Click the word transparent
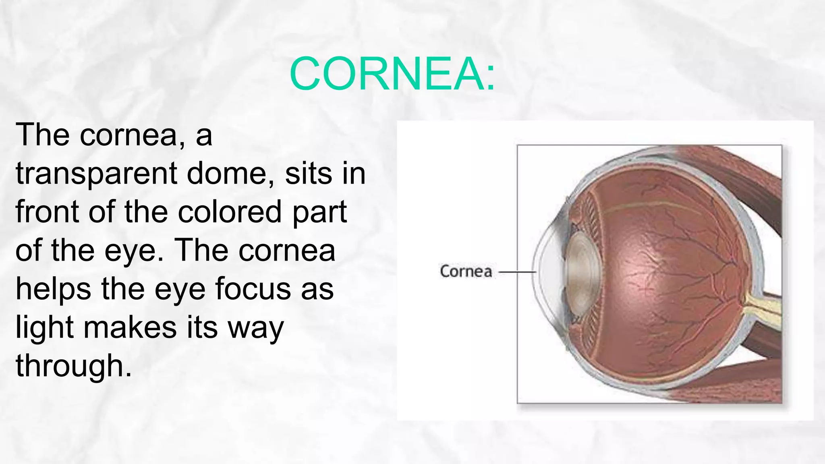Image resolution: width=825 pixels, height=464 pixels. (x=96, y=174)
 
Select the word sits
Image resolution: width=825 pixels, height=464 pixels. (x=309, y=173)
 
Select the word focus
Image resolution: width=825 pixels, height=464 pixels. (x=253, y=289)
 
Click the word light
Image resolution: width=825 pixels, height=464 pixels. (x=44, y=328)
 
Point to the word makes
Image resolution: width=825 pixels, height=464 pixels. (x=130, y=327)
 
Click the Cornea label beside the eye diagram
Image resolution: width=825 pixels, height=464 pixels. (x=466, y=271)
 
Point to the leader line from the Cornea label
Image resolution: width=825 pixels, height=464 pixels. (x=517, y=272)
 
